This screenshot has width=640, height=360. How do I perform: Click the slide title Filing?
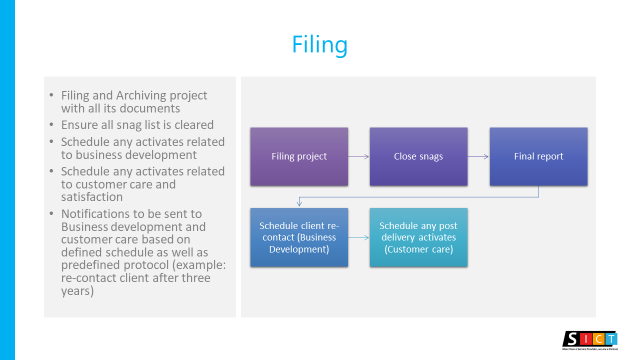pos(319,45)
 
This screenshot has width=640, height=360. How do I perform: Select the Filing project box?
pos(299,156)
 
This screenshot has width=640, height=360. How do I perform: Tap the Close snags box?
pos(418,156)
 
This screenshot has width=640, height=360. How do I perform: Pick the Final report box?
pos(538,156)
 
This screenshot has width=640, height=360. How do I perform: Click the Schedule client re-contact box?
pos(299,237)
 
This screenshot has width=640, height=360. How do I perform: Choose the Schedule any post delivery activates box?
pos(418,237)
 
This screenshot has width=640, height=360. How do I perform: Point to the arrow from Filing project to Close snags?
pos(358,156)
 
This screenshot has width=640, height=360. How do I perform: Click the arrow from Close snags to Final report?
pos(478,156)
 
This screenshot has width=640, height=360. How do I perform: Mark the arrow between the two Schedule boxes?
pos(358,237)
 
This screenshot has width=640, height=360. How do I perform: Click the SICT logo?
pos(590,339)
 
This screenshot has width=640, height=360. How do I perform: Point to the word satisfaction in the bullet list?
pos(92,197)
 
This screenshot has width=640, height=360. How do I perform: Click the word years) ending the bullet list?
pos(77,291)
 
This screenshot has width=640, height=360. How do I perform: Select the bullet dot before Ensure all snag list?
pos(52,125)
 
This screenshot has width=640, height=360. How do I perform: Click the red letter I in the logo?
pos(587,338)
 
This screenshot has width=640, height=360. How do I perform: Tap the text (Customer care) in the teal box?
pos(418,249)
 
